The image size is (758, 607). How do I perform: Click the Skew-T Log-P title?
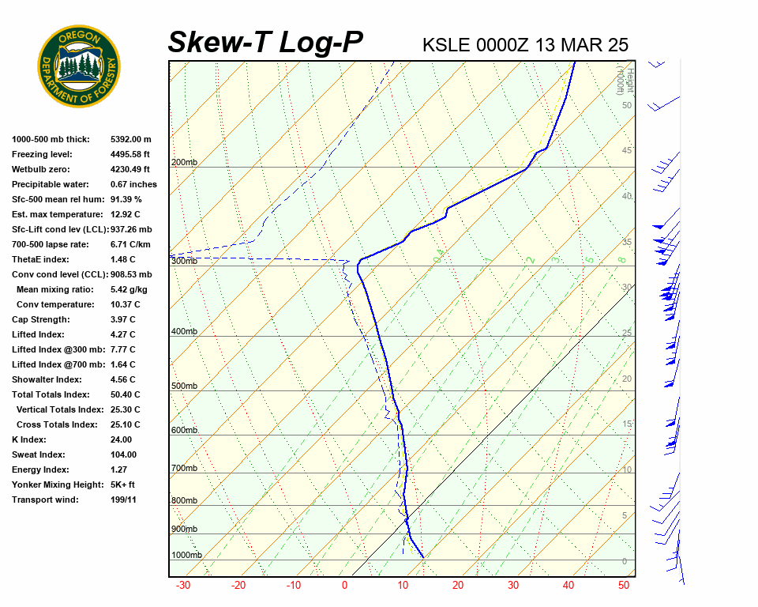(265, 42)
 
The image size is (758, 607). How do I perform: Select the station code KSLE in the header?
(447, 44)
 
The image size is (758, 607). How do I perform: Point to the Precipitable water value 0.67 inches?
(133, 184)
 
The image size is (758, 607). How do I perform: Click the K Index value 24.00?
(122, 439)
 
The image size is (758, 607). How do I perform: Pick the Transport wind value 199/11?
(123, 500)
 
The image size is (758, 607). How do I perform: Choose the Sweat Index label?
(38, 454)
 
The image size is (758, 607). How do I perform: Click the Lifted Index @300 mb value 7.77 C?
(122, 349)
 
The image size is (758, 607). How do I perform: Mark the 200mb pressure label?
(184, 163)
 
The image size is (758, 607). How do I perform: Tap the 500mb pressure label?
(184, 386)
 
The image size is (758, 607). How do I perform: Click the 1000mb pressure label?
(186, 555)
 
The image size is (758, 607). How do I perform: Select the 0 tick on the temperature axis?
(344, 586)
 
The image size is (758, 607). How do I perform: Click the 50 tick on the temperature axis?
(624, 586)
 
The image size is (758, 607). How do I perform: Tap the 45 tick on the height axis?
(627, 151)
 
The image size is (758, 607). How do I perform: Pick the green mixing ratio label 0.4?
(438, 255)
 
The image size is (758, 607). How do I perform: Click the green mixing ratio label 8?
(621, 259)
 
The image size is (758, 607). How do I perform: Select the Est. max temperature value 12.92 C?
(125, 214)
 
